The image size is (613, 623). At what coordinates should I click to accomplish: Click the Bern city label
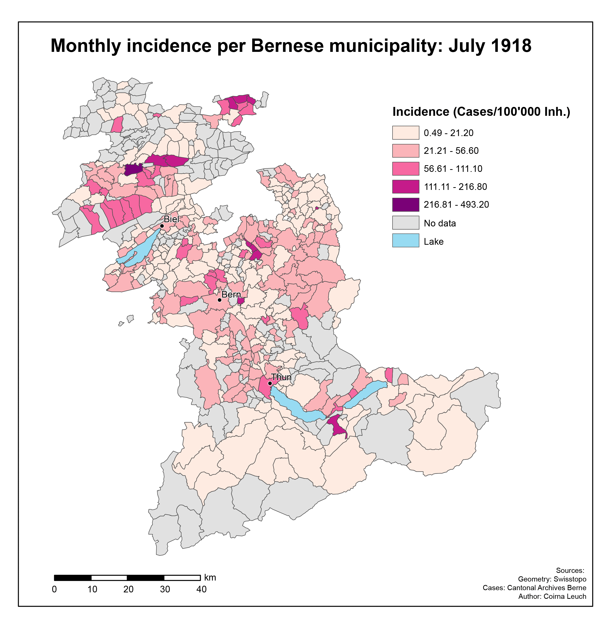pos(231,295)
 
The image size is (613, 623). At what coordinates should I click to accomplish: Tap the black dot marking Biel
pos(162,226)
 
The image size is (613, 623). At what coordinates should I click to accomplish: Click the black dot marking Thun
pos(270,383)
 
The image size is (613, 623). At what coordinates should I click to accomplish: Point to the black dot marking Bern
pos(219,300)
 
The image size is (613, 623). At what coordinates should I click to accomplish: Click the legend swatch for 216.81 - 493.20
pos(406,205)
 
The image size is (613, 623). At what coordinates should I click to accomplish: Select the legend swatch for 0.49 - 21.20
pos(406,133)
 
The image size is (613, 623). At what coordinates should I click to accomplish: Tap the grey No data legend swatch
pos(406,223)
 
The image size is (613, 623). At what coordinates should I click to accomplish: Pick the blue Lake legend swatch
pos(406,241)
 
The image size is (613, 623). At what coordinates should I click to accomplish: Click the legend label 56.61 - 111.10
pos(453,169)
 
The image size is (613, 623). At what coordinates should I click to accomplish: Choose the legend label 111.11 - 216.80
pos(455,187)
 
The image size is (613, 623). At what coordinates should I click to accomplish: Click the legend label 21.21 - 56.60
pos(451,151)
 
